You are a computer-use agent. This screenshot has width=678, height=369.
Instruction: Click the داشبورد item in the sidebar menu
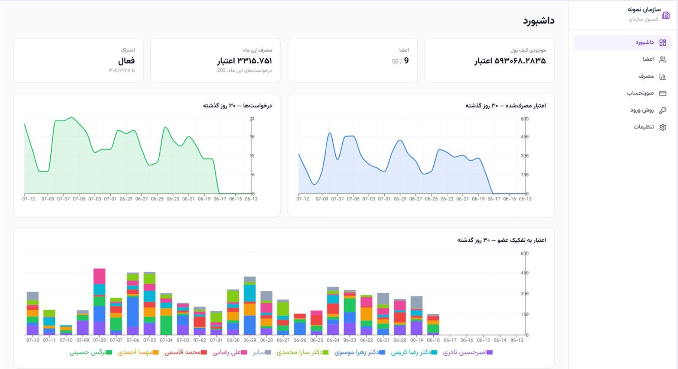622,42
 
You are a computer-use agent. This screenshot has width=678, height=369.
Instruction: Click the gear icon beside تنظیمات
663,127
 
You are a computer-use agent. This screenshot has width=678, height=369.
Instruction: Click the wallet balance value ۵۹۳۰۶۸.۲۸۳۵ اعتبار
510,61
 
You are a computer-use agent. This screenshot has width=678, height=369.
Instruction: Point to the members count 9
406,61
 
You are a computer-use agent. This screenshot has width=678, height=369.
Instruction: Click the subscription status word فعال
126,61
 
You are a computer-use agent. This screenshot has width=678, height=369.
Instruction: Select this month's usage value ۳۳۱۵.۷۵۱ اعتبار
244,61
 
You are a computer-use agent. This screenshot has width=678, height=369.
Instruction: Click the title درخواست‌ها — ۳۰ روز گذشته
237,106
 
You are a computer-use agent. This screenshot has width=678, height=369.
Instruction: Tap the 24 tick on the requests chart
252,119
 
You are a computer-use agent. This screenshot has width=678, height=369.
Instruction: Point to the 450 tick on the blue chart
525,137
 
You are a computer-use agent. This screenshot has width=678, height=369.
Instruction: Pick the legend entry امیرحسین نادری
468,352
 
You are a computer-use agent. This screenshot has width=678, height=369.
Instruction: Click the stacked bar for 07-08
100,302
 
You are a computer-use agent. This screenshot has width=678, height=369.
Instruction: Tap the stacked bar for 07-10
66,330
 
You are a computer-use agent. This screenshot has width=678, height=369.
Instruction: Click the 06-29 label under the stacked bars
250,340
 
